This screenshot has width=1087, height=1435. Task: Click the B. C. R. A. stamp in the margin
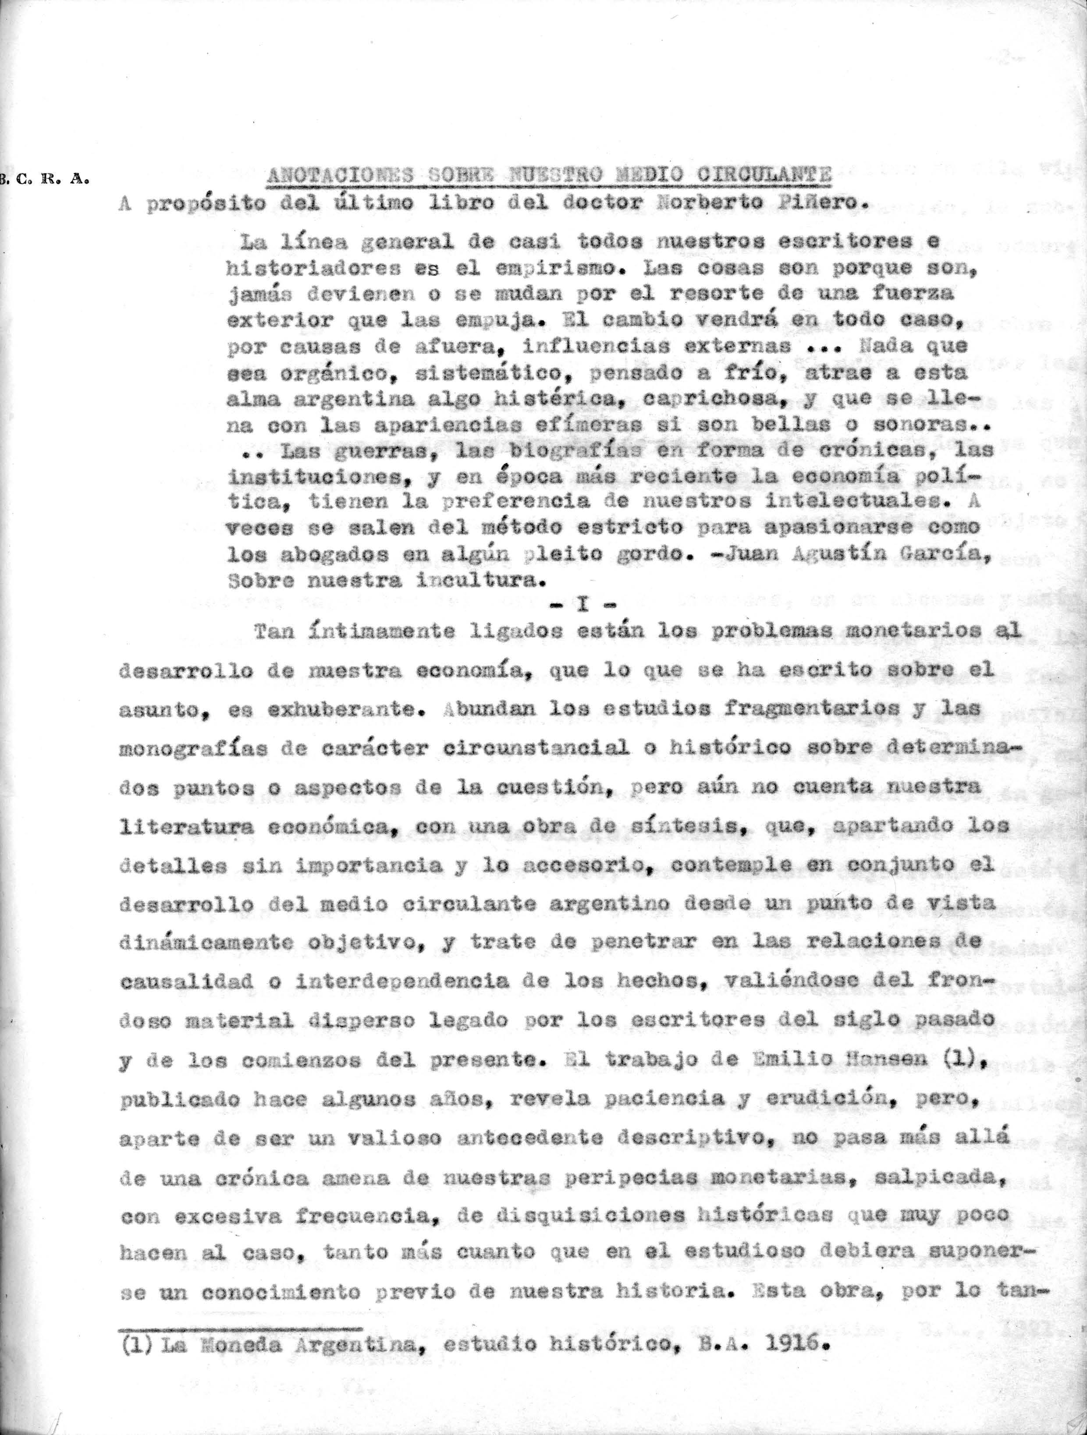coord(44,181)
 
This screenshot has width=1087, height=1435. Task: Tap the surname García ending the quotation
coord(934,555)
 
